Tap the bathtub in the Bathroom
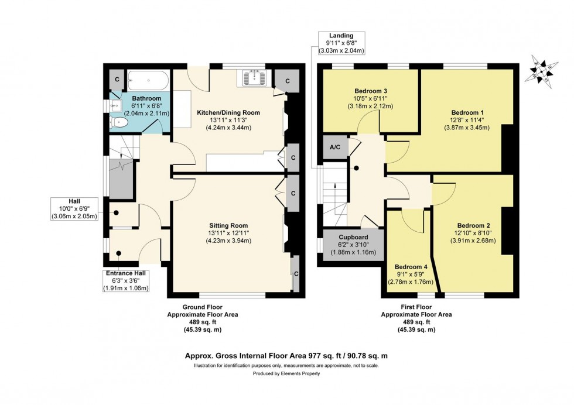(148, 80)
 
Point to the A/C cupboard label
(336, 147)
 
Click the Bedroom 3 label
(371, 91)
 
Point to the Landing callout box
(341, 43)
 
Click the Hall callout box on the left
(74, 208)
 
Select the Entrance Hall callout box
(127, 280)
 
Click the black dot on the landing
(355, 169)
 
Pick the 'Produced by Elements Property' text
(286, 373)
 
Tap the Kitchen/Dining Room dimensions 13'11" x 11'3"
(228, 120)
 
